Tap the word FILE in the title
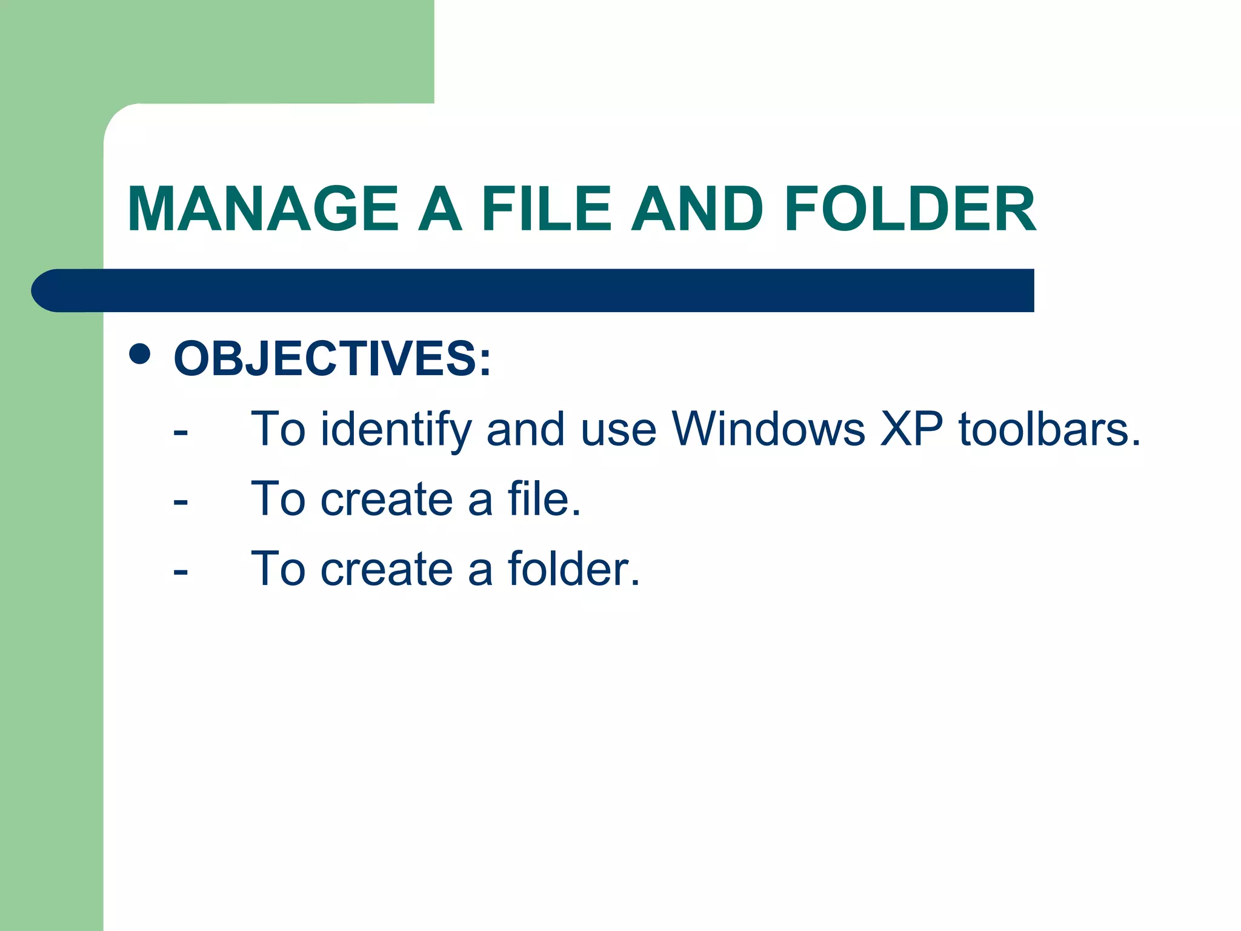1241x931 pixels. [x=546, y=209]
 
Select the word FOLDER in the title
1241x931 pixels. [x=910, y=209]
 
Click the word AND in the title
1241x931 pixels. [x=697, y=209]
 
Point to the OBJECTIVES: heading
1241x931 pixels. [x=332, y=359]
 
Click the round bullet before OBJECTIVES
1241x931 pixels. [x=140, y=355]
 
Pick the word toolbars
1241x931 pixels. [x=1049, y=429]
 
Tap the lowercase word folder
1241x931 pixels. [x=573, y=569]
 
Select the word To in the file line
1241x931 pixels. [x=278, y=499]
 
